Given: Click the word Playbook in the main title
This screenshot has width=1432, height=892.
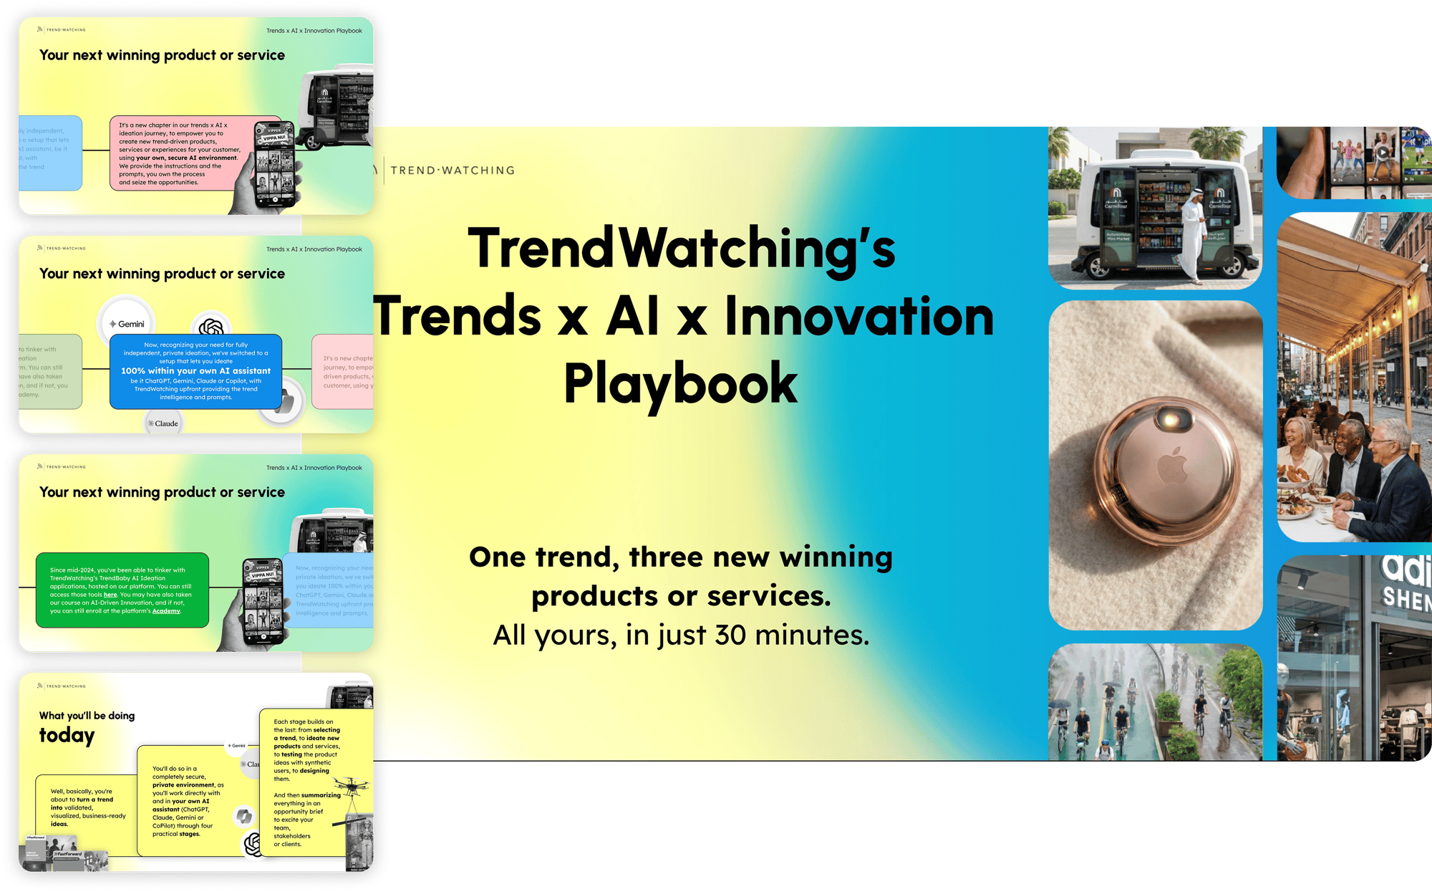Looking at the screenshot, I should coord(680,384).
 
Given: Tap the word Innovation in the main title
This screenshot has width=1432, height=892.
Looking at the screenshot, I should coord(859,317).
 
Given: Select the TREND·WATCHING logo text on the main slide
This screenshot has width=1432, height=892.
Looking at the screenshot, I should coord(453,171).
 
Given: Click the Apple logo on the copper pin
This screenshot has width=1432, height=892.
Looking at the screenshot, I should coord(1172,466).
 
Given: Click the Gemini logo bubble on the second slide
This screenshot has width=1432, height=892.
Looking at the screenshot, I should coord(127,324).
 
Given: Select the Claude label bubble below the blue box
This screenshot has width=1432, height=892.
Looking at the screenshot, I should coord(164,423).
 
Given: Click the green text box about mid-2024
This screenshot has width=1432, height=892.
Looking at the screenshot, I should coord(122,590).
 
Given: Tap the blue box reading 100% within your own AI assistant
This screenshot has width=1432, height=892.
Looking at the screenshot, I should coord(195,371).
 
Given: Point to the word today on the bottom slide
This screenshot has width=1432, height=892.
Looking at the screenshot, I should coord(67,736).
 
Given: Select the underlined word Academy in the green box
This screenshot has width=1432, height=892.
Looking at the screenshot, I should coord(166,611).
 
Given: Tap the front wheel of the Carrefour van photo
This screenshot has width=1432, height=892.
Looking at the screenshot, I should coord(1100,267).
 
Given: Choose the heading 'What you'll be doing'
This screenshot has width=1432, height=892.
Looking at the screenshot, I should coord(87,716).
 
